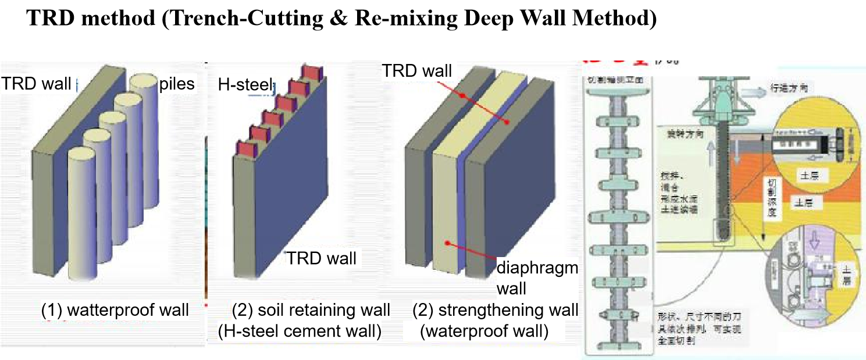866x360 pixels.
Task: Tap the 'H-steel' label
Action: pyautogui.click(x=244, y=85)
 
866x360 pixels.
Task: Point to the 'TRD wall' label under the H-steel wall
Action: pyautogui.click(x=321, y=258)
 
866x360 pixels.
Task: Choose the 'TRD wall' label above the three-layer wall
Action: pyautogui.click(x=416, y=71)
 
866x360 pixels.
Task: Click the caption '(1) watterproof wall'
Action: pyautogui.click(x=115, y=310)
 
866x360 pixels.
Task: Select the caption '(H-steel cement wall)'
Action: pyautogui.click(x=300, y=332)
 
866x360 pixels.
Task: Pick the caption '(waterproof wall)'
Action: pyautogui.click(x=484, y=332)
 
